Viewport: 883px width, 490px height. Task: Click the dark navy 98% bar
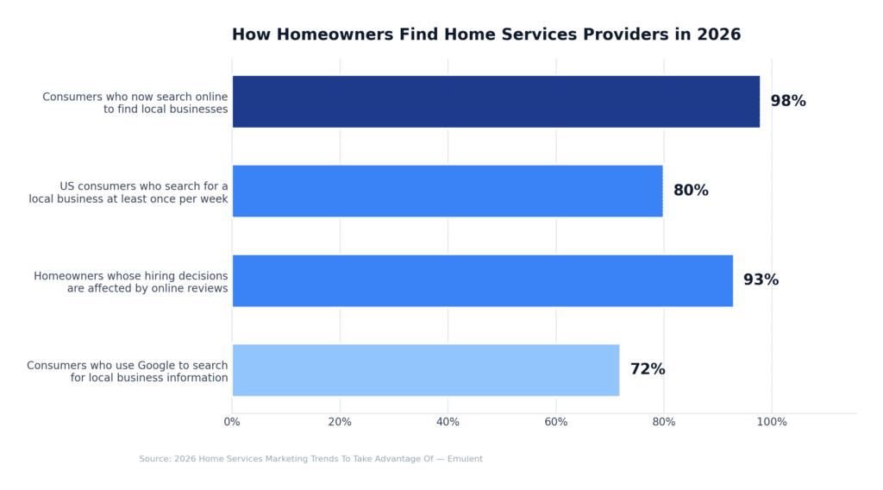pyautogui.click(x=496, y=102)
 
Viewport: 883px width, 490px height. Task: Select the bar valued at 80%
pyautogui.click(x=448, y=191)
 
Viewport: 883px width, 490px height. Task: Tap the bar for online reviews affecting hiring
pyautogui.click(x=483, y=280)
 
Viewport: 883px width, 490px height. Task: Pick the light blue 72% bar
pyautogui.click(x=426, y=370)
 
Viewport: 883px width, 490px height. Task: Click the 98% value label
pyautogui.click(x=788, y=102)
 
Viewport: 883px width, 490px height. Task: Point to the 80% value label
pyautogui.click(x=691, y=191)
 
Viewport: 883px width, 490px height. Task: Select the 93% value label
pyautogui.click(x=761, y=280)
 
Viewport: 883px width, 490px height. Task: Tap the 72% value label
pyautogui.click(x=648, y=369)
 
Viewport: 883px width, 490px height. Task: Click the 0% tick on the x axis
pyautogui.click(x=232, y=422)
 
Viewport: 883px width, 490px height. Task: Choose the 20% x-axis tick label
pyautogui.click(x=340, y=422)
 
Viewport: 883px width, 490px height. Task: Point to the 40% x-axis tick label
pyautogui.click(x=448, y=422)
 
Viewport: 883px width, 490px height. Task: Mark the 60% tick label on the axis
pyautogui.click(x=556, y=422)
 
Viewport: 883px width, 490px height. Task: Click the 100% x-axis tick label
pyautogui.click(x=772, y=422)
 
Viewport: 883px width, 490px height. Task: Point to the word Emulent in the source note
pyautogui.click(x=465, y=459)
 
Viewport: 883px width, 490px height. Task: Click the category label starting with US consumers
pyautogui.click(x=129, y=192)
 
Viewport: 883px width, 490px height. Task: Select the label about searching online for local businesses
pyautogui.click(x=135, y=103)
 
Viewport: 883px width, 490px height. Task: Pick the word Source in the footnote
pyautogui.click(x=155, y=459)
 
